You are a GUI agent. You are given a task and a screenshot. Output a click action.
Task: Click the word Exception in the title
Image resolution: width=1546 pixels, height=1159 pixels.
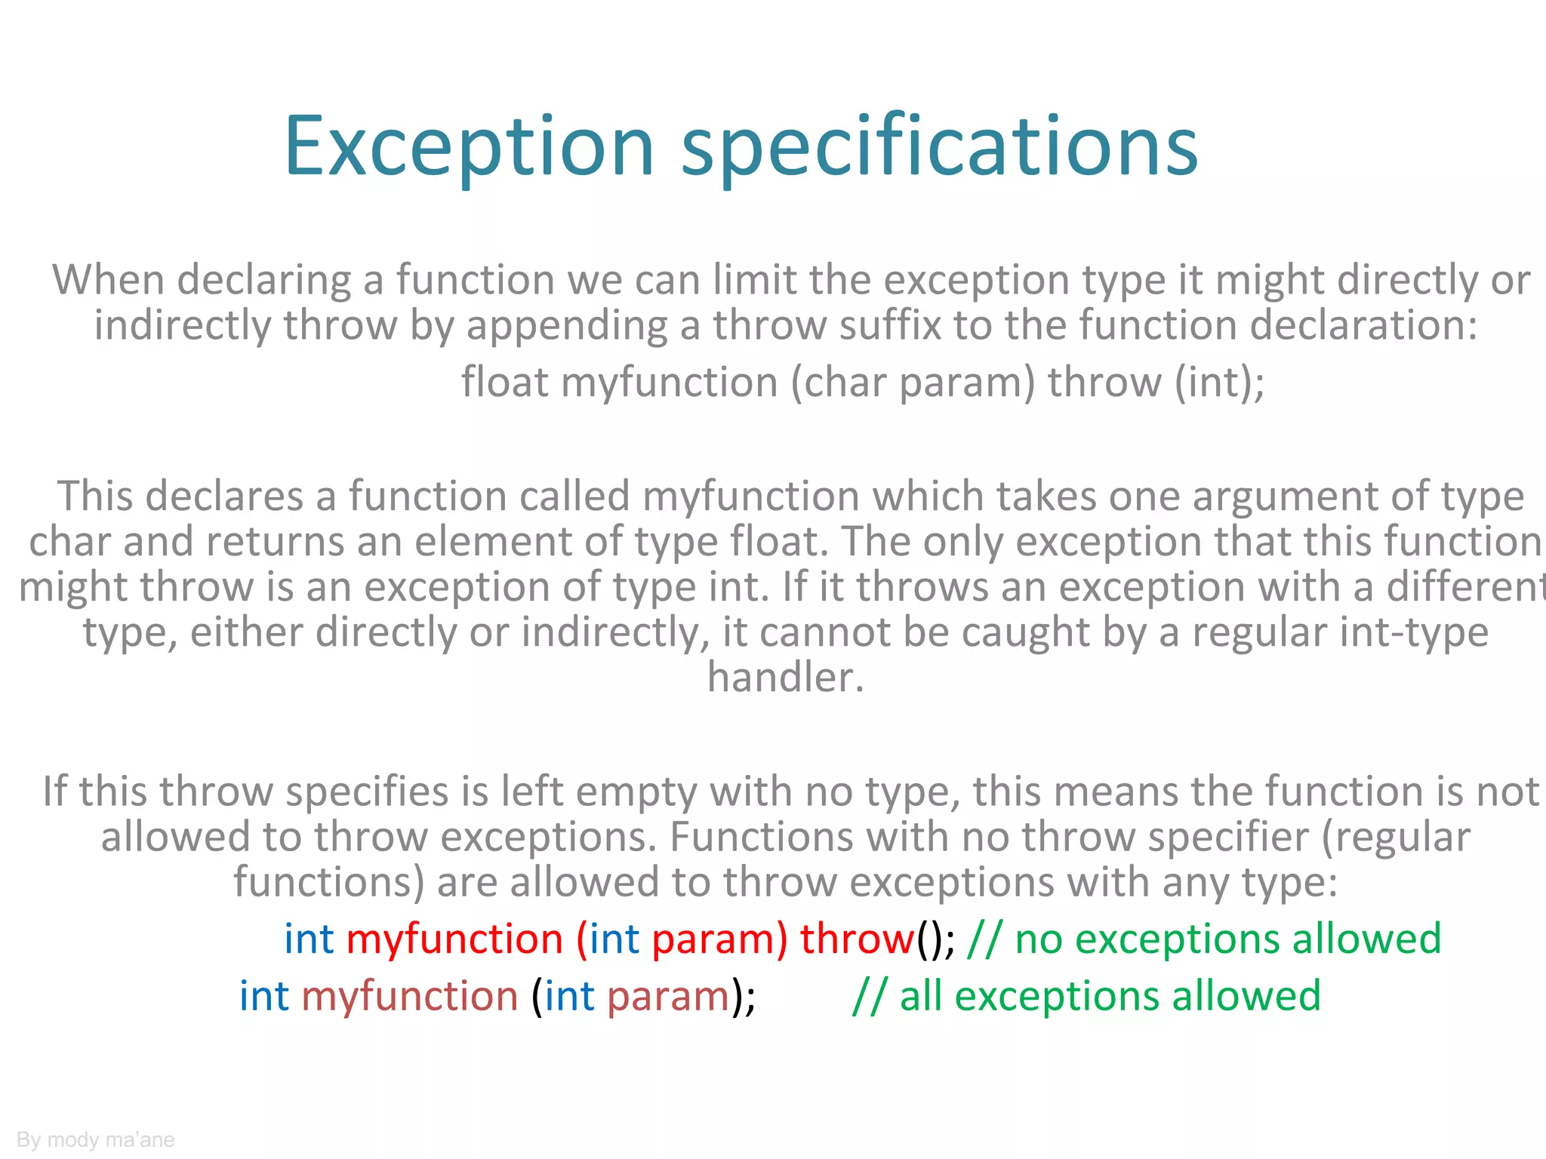click(x=468, y=146)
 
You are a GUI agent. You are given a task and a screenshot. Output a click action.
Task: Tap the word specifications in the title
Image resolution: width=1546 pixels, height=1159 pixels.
click(x=939, y=146)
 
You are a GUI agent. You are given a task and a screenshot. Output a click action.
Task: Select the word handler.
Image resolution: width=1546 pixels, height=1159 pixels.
click(x=785, y=678)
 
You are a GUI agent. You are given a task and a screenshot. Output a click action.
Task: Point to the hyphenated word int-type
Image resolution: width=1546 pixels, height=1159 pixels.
click(x=1340, y=633)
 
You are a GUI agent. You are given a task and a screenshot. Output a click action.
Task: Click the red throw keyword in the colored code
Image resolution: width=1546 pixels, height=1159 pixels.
click(x=857, y=939)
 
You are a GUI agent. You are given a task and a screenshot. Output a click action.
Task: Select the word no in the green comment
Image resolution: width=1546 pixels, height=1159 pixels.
click(x=1039, y=940)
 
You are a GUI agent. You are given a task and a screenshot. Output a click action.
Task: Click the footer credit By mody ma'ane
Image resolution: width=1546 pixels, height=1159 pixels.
click(x=96, y=1139)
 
